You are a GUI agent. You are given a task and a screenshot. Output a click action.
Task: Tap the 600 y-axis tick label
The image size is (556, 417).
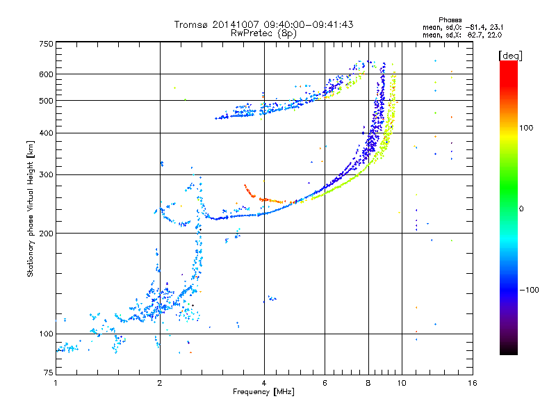[46, 74]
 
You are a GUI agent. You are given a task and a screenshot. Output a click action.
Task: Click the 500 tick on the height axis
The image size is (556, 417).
[46, 101]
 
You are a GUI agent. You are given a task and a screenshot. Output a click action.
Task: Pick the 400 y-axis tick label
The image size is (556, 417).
[46, 133]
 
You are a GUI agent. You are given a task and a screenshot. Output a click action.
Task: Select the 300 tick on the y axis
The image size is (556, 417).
[46, 174]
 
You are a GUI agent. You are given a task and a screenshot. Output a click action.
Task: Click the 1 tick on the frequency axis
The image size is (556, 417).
[56, 383]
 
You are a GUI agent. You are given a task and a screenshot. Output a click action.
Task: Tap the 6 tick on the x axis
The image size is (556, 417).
[325, 383]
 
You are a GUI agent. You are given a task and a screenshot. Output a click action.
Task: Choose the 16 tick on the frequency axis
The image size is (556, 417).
[472, 383]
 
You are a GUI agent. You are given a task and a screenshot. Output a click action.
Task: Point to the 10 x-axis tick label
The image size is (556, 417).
[401, 383]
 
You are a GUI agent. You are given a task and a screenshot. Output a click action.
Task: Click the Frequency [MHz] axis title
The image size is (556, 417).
[263, 393]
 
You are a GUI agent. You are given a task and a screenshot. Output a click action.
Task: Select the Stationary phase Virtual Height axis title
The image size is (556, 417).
[31, 208]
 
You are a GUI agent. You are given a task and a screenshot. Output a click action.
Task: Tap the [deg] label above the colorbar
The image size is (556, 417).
[510, 55]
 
